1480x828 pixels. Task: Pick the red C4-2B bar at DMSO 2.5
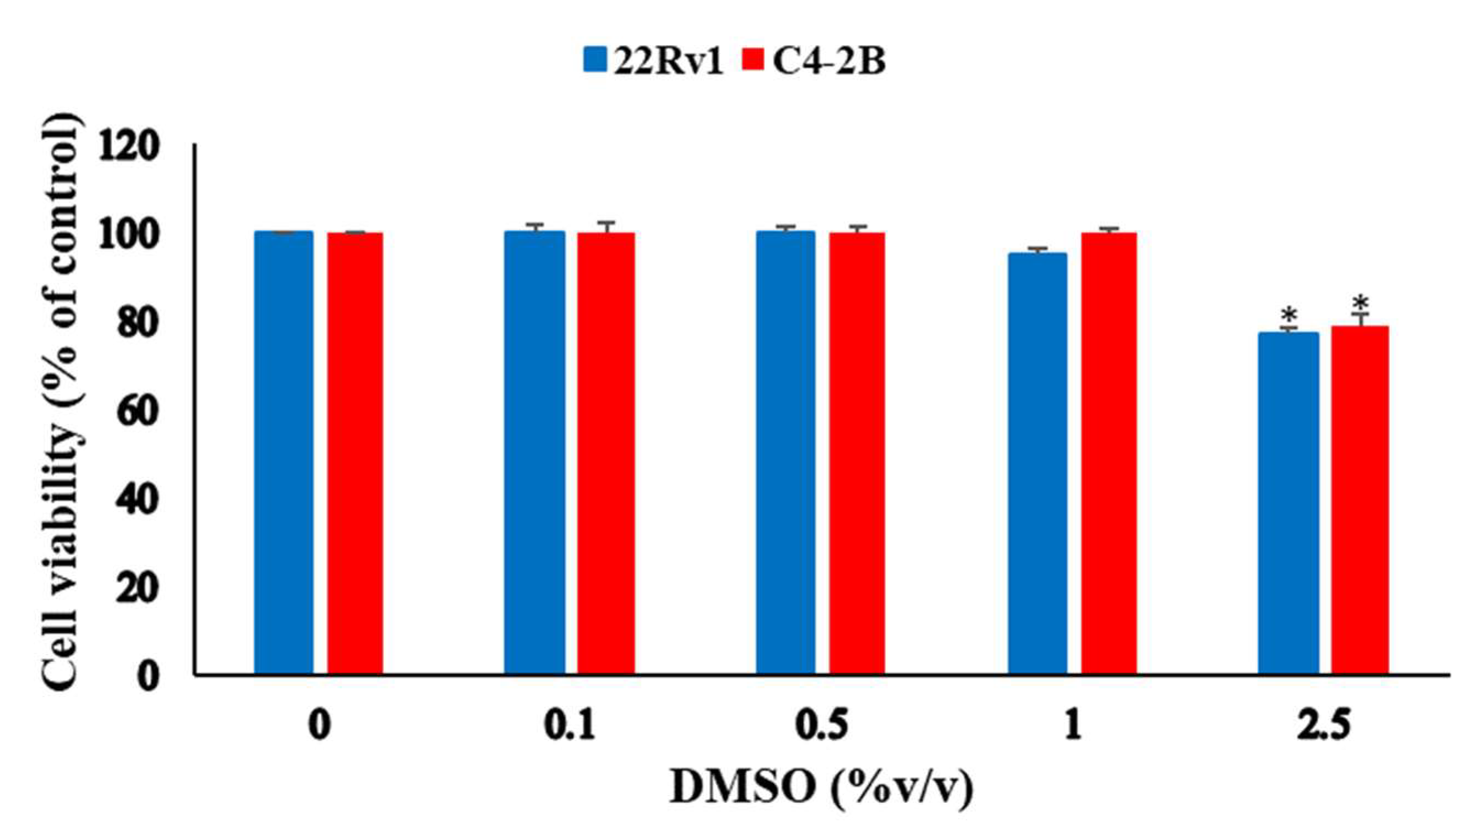(x=1360, y=500)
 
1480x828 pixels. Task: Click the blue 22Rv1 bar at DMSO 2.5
(x=1289, y=503)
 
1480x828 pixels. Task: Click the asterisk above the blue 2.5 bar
(x=1289, y=315)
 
